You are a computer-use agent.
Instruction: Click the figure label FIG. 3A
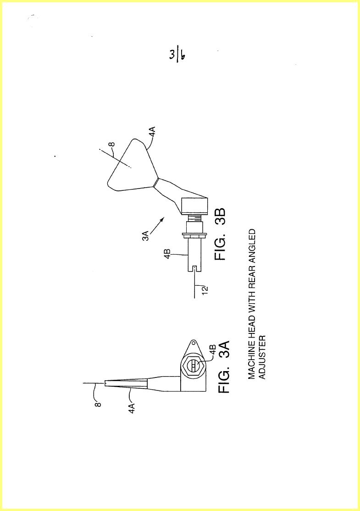click(224, 367)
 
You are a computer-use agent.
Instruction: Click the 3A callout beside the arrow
click(146, 235)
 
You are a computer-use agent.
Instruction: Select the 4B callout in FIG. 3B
click(167, 254)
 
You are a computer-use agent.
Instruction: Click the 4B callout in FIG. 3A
click(212, 350)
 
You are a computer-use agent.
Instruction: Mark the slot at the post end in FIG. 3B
click(194, 268)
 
